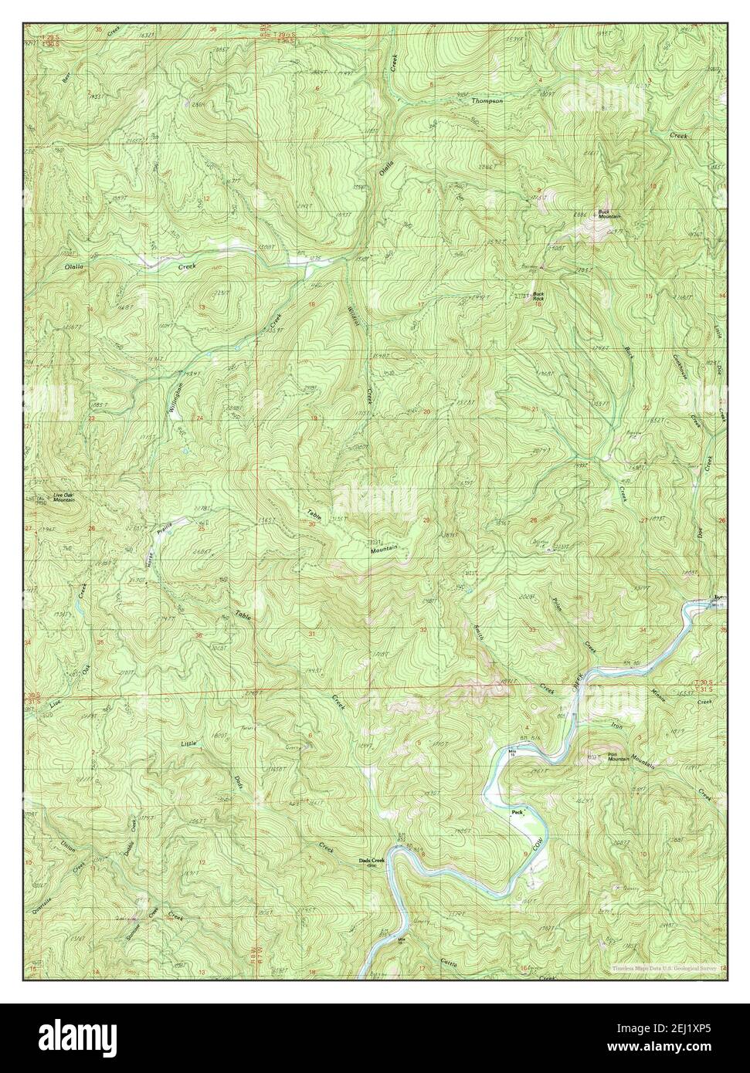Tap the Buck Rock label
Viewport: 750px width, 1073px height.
point(538,296)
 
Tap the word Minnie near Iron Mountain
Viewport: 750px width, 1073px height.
point(663,692)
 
